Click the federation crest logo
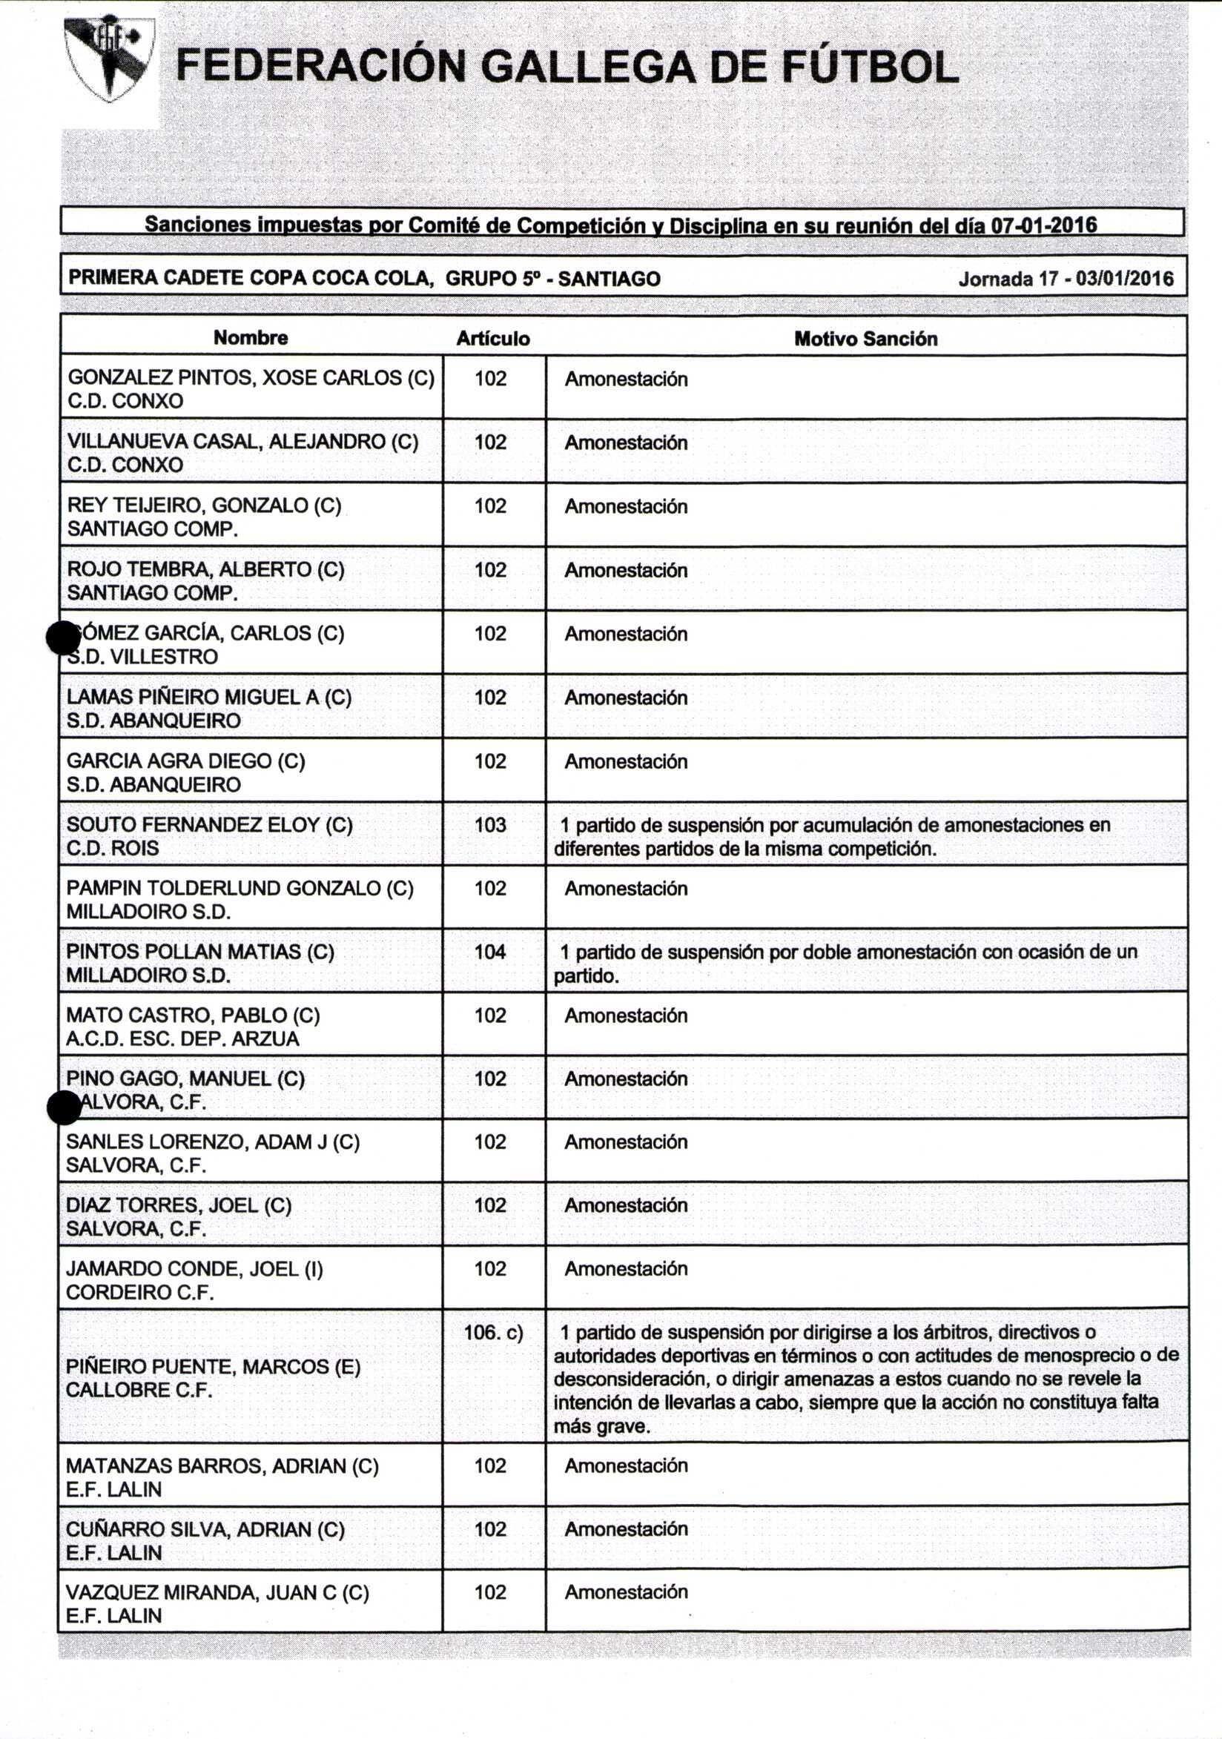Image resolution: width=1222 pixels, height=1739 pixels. pos(109,59)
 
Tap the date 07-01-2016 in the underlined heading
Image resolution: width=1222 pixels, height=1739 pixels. pos(1044,225)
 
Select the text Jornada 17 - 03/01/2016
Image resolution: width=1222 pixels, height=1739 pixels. pos(1066,279)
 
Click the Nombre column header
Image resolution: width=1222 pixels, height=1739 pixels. pos(250,338)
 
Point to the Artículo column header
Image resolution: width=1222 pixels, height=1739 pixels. pos(492,339)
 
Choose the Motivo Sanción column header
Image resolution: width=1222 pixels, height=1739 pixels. pos(865,339)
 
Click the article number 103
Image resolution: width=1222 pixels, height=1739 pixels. pos(490,825)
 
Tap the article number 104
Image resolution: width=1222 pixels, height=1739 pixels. pos(490,952)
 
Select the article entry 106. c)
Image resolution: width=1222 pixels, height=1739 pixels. pos(493,1331)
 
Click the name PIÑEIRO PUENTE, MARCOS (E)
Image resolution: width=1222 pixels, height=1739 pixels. pos(213,1367)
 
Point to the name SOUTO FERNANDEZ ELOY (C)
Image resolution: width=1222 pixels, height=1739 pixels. pos(209,825)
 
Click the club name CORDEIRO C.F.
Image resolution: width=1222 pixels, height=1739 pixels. pos(139,1293)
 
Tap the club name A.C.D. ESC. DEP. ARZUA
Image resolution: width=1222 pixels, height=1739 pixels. pos(182,1039)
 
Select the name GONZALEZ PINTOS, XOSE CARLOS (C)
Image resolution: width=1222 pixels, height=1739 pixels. pos(251,378)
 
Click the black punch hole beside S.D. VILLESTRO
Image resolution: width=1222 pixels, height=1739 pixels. pos(63,637)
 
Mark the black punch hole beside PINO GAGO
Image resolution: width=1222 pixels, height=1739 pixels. pos(64,1108)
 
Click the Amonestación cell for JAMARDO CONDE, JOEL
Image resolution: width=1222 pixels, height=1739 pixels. pos(626,1268)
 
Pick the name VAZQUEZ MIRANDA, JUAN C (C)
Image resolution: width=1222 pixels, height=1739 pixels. pos(217,1592)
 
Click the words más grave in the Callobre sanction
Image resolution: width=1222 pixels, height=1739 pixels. pos(601,1427)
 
